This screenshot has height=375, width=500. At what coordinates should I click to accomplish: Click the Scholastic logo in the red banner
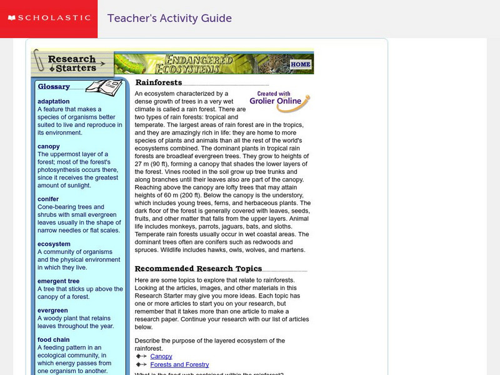[x=48, y=18]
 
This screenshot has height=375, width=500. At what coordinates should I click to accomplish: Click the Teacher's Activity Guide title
[x=169, y=18]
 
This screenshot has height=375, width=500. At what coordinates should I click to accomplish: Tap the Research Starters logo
[x=72, y=63]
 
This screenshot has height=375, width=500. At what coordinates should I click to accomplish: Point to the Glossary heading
[x=54, y=87]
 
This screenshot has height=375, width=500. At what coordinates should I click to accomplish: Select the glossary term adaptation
[x=54, y=101]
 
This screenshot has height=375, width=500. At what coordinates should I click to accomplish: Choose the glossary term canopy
[x=49, y=146]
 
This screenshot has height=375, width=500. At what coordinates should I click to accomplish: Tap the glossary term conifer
[x=48, y=199]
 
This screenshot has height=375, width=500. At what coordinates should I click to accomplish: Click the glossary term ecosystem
[x=54, y=244]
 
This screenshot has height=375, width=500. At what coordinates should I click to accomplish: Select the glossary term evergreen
[x=52, y=310]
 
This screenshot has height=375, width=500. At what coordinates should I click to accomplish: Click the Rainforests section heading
[x=159, y=82]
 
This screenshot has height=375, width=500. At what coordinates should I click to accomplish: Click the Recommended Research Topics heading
[x=199, y=269]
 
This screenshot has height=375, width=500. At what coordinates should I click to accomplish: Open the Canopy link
[x=161, y=356]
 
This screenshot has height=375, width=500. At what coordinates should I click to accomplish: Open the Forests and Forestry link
[x=179, y=364]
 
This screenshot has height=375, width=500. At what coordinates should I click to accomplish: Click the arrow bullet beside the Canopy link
[x=141, y=356]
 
